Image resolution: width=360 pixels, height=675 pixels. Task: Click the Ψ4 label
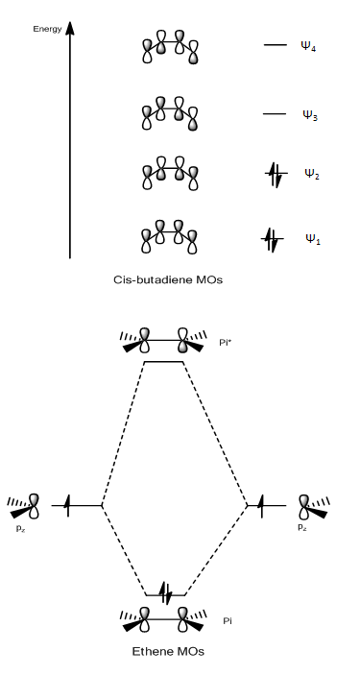pyautogui.click(x=308, y=46)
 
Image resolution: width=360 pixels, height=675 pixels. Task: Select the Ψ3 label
pyautogui.click(x=310, y=115)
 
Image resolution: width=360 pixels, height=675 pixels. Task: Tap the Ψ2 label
pyautogui.click(x=312, y=174)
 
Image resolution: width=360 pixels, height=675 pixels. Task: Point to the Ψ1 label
pyautogui.click(x=313, y=239)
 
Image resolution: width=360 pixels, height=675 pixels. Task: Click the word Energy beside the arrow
pyautogui.click(x=47, y=30)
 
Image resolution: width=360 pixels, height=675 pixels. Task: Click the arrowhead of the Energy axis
pyautogui.click(x=70, y=28)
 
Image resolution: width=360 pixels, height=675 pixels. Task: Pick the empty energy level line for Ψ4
pyautogui.click(x=276, y=45)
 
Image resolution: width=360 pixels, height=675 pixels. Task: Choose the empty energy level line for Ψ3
pyautogui.click(x=275, y=114)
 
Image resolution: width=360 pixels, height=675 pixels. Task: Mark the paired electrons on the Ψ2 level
pyautogui.click(x=276, y=174)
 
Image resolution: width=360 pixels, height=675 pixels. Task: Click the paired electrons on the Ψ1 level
pyautogui.click(x=272, y=239)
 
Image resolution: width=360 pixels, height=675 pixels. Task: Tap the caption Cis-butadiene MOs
pyautogui.click(x=168, y=279)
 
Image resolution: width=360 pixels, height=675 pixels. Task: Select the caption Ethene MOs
pyautogui.click(x=168, y=651)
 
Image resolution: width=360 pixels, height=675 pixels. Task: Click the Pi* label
pyautogui.click(x=225, y=343)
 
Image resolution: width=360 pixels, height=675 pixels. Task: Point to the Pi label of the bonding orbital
pyautogui.click(x=228, y=621)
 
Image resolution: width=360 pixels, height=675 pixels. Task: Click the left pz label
pyautogui.click(x=20, y=528)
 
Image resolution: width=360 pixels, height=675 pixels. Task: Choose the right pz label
pyautogui.click(x=302, y=527)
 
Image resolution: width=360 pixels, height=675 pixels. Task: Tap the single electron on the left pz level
pyautogui.click(x=67, y=505)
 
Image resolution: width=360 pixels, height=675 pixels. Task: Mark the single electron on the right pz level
pyautogui.click(x=261, y=505)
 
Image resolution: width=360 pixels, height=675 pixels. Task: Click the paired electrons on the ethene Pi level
pyautogui.click(x=166, y=594)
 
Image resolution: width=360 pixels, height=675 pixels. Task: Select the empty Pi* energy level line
pyautogui.click(x=163, y=362)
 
